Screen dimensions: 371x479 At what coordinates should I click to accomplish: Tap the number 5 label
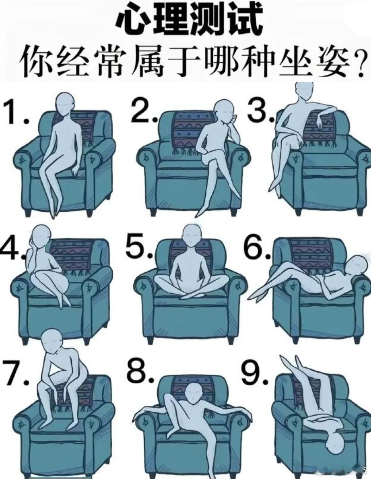click(138, 246)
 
